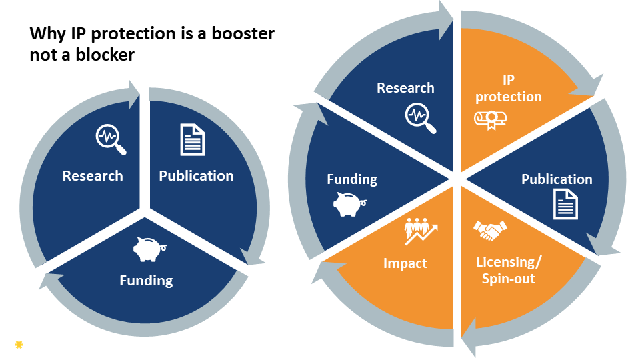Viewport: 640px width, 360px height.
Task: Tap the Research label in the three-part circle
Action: click(93, 176)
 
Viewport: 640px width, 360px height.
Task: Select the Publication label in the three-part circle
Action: click(196, 176)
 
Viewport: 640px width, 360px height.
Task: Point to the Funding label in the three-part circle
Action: click(146, 280)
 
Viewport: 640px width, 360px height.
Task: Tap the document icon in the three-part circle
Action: click(193, 139)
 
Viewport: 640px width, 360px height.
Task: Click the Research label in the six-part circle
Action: click(405, 88)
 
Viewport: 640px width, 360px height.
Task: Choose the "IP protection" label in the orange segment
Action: click(509, 88)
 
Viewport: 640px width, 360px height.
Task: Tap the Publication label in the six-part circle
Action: click(557, 179)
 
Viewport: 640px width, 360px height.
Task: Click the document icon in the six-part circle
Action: click(565, 204)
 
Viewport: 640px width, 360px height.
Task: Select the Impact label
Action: click(405, 263)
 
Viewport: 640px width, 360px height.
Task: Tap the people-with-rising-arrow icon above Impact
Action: click(421, 231)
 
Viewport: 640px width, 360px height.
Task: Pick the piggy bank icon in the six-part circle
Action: click(349, 204)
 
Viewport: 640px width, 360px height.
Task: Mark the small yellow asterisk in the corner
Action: click(19, 344)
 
